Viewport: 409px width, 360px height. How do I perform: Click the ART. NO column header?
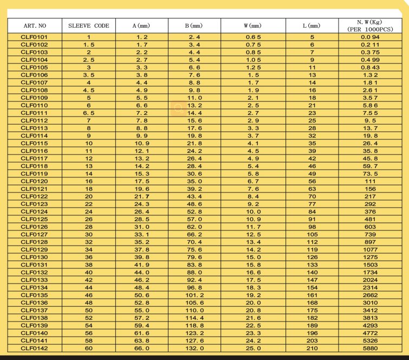[x=35, y=25]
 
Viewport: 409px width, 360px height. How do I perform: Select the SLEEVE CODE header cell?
[x=88, y=25]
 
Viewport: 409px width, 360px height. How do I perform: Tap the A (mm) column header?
[x=141, y=25]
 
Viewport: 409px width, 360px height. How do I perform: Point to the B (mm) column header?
[x=194, y=25]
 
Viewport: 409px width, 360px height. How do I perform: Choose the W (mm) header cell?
[x=252, y=25]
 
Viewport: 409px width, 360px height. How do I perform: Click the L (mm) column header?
[x=311, y=25]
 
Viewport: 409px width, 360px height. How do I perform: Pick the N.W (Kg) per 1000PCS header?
[x=370, y=25]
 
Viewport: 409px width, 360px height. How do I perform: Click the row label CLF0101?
[x=35, y=36]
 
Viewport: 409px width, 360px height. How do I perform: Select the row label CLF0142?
[x=35, y=348]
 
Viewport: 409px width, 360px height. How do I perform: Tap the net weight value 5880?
[x=370, y=348]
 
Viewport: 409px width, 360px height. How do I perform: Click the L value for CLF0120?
[x=312, y=181]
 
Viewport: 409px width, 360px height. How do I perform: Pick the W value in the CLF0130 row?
[x=252, y=256]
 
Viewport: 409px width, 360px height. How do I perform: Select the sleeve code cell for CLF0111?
[x=88, y=112]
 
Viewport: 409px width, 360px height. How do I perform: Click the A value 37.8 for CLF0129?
[x=142, y=249]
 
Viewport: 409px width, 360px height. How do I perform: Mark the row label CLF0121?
[x=35, y=188]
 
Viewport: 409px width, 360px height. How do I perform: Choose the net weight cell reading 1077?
[x=370, y=249]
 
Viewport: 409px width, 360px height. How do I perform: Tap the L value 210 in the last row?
[x=312, y=348]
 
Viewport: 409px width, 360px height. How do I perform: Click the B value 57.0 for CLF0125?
[x=194, y=218]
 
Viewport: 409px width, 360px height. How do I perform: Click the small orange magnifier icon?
[x=178, y=108]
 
